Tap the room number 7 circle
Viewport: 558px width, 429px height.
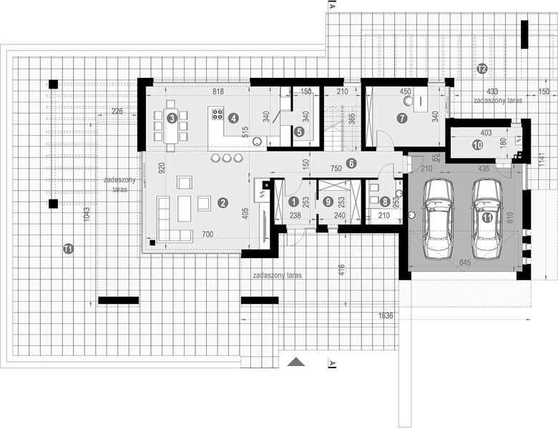point(402,118)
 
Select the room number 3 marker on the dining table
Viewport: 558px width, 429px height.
point(172,118)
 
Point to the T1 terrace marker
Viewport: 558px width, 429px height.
point(68,249)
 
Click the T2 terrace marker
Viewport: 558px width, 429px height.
point(481,69)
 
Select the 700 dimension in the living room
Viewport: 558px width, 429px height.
point(207,234)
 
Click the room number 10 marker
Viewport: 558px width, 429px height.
point(477,144)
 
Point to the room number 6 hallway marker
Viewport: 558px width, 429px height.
point(351,163)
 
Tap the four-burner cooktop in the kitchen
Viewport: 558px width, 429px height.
point(217,115)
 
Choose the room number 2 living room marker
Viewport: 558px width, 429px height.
point(223,203)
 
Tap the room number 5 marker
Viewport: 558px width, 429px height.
point(299,132)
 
